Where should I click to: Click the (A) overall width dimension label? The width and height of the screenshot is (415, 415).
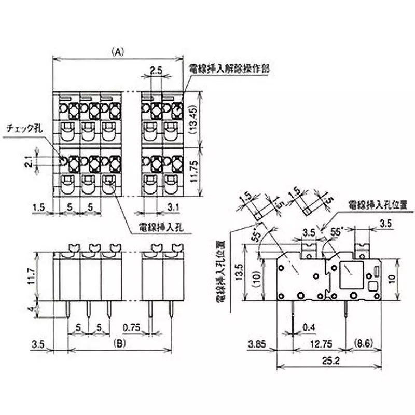pos(118,52)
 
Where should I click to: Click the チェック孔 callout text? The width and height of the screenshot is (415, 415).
pos(23,128)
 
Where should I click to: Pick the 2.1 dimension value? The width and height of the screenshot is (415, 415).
pos(30,161)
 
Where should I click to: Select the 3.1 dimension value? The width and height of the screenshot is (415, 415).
pos(173,208)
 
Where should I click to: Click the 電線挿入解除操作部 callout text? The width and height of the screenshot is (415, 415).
pos(231,68)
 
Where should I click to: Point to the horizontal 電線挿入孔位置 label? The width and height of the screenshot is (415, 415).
pos(381,204)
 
